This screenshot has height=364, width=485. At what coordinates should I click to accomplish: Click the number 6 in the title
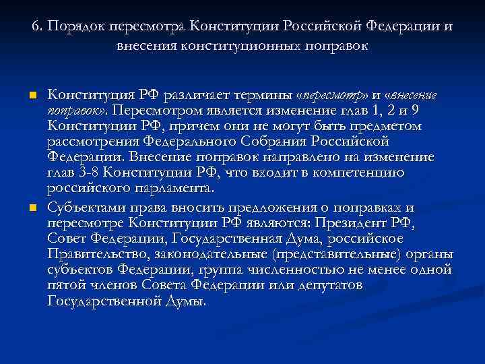[x=35, y=28]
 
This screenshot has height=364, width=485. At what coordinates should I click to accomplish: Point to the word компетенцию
[x=356, y=173]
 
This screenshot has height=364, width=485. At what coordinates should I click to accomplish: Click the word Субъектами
[x=85, y=207]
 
